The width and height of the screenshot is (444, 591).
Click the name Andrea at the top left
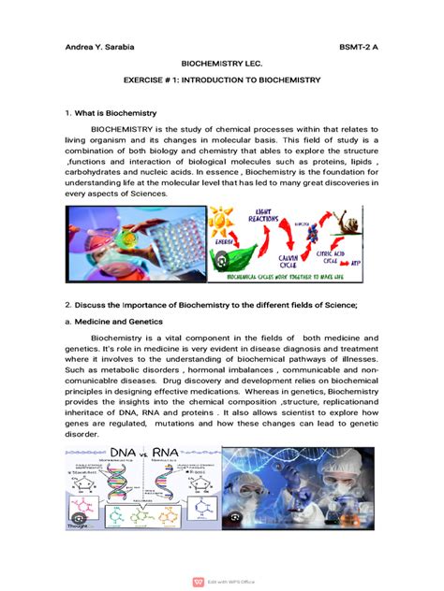[x=78, y=47]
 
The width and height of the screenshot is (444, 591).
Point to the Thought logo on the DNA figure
[x=77, y=526]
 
